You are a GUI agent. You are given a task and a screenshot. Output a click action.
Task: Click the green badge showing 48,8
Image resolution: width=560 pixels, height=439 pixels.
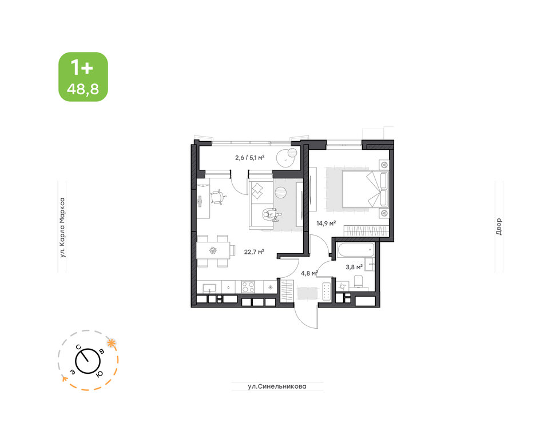pos(83,77)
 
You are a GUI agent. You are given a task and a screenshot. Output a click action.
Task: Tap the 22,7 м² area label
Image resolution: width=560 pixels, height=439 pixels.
pos(254,252)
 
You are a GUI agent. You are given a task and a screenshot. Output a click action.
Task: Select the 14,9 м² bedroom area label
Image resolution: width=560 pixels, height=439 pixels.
pos(325,224)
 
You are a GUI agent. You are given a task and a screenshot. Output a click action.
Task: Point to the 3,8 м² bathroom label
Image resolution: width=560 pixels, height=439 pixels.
pos(354,266)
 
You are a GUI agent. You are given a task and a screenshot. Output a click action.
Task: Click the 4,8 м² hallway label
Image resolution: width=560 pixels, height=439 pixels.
pos(309,273)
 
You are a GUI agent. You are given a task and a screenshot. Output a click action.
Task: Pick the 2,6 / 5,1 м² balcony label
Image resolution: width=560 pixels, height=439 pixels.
pos(249,157)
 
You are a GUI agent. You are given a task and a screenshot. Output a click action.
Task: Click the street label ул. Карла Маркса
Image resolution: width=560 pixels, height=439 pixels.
pos(62,228)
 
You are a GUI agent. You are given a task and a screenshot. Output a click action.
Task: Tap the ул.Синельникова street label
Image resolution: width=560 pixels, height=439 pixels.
pos(277,386)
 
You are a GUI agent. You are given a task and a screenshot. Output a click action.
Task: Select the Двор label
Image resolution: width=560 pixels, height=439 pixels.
pos(499,226)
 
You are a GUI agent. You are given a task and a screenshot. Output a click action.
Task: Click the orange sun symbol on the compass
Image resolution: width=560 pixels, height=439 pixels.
pos(112,343)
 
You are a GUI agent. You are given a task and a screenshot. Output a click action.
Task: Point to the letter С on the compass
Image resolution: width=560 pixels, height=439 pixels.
pos(78,346)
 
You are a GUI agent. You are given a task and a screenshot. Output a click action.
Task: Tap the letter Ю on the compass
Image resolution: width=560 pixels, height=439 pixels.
pos(100,374)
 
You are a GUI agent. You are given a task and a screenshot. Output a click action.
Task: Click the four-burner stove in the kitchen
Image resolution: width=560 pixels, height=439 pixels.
pos(248,287)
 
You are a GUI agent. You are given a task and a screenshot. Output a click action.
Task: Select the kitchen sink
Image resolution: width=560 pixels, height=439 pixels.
pos(209,287)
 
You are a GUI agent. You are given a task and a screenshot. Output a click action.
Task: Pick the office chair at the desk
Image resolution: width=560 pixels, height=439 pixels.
pos(218,197)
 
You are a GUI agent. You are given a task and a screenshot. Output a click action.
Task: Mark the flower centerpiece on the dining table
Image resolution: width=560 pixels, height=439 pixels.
pos(213,250)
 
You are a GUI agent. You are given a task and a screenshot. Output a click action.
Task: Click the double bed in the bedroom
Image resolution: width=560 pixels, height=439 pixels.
pos(365,189)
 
